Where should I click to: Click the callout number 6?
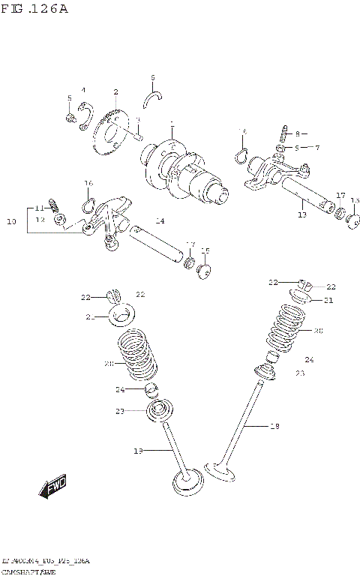coord(152,77)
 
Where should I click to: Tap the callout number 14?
coord(160,220)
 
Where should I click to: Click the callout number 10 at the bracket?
coord(11,221)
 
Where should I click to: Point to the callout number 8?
coord(296,133)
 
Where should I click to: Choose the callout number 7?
coord(317,148)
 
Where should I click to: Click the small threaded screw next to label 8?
coord(285,134)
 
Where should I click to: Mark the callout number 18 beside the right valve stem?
coord(274,426)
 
